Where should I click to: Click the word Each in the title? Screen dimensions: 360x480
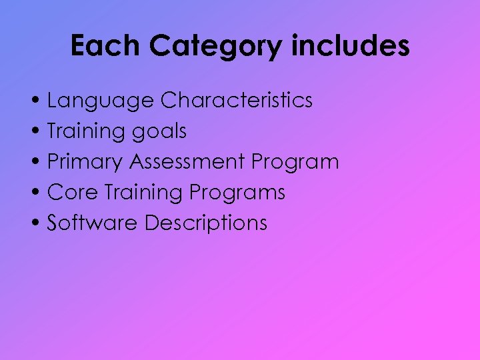105,47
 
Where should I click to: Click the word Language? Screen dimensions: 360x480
100,101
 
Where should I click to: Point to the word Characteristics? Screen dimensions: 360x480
237,100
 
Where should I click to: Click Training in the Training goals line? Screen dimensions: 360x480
84,132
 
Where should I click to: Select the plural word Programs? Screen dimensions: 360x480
237,193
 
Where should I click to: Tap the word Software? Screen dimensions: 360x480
92,223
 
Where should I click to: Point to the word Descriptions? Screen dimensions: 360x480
206,224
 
